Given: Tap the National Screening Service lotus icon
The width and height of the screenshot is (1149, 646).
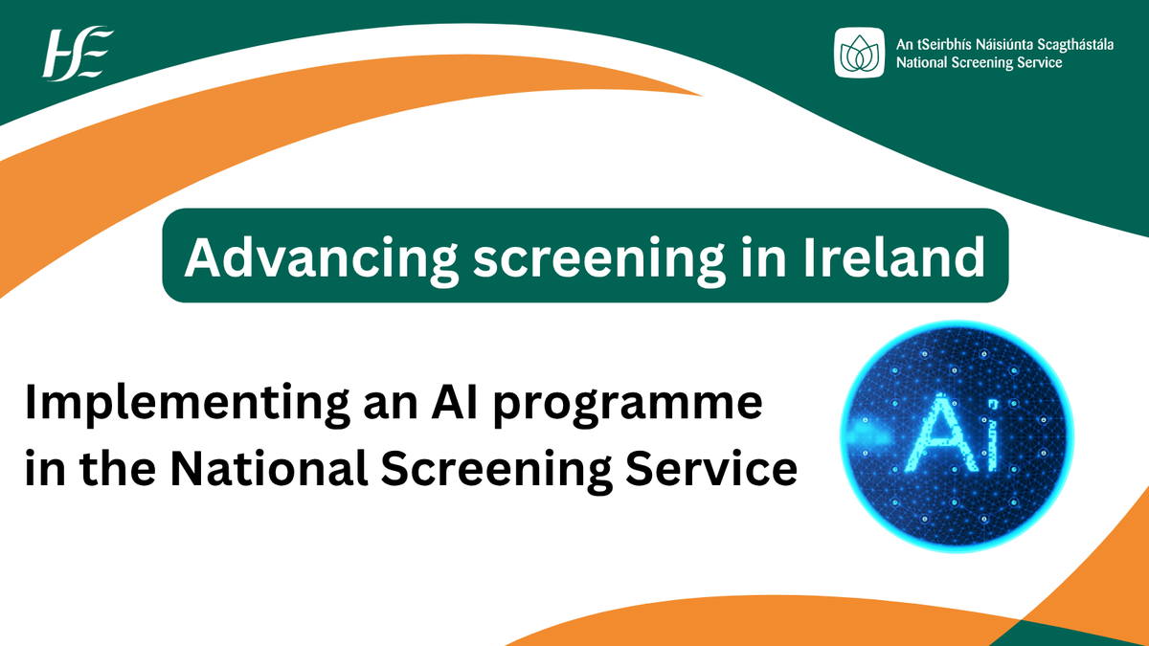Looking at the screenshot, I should click(x=860, y=52).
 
